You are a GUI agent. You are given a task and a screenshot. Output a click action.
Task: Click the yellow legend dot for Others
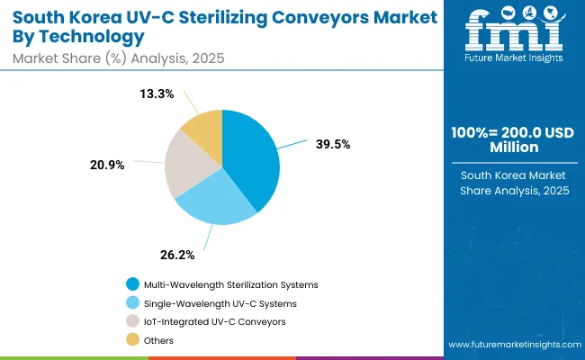tap(133, 340)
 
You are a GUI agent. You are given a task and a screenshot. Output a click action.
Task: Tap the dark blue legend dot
tap(133, 284)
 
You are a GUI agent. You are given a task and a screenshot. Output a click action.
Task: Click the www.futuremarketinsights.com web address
tap(513, 345)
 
